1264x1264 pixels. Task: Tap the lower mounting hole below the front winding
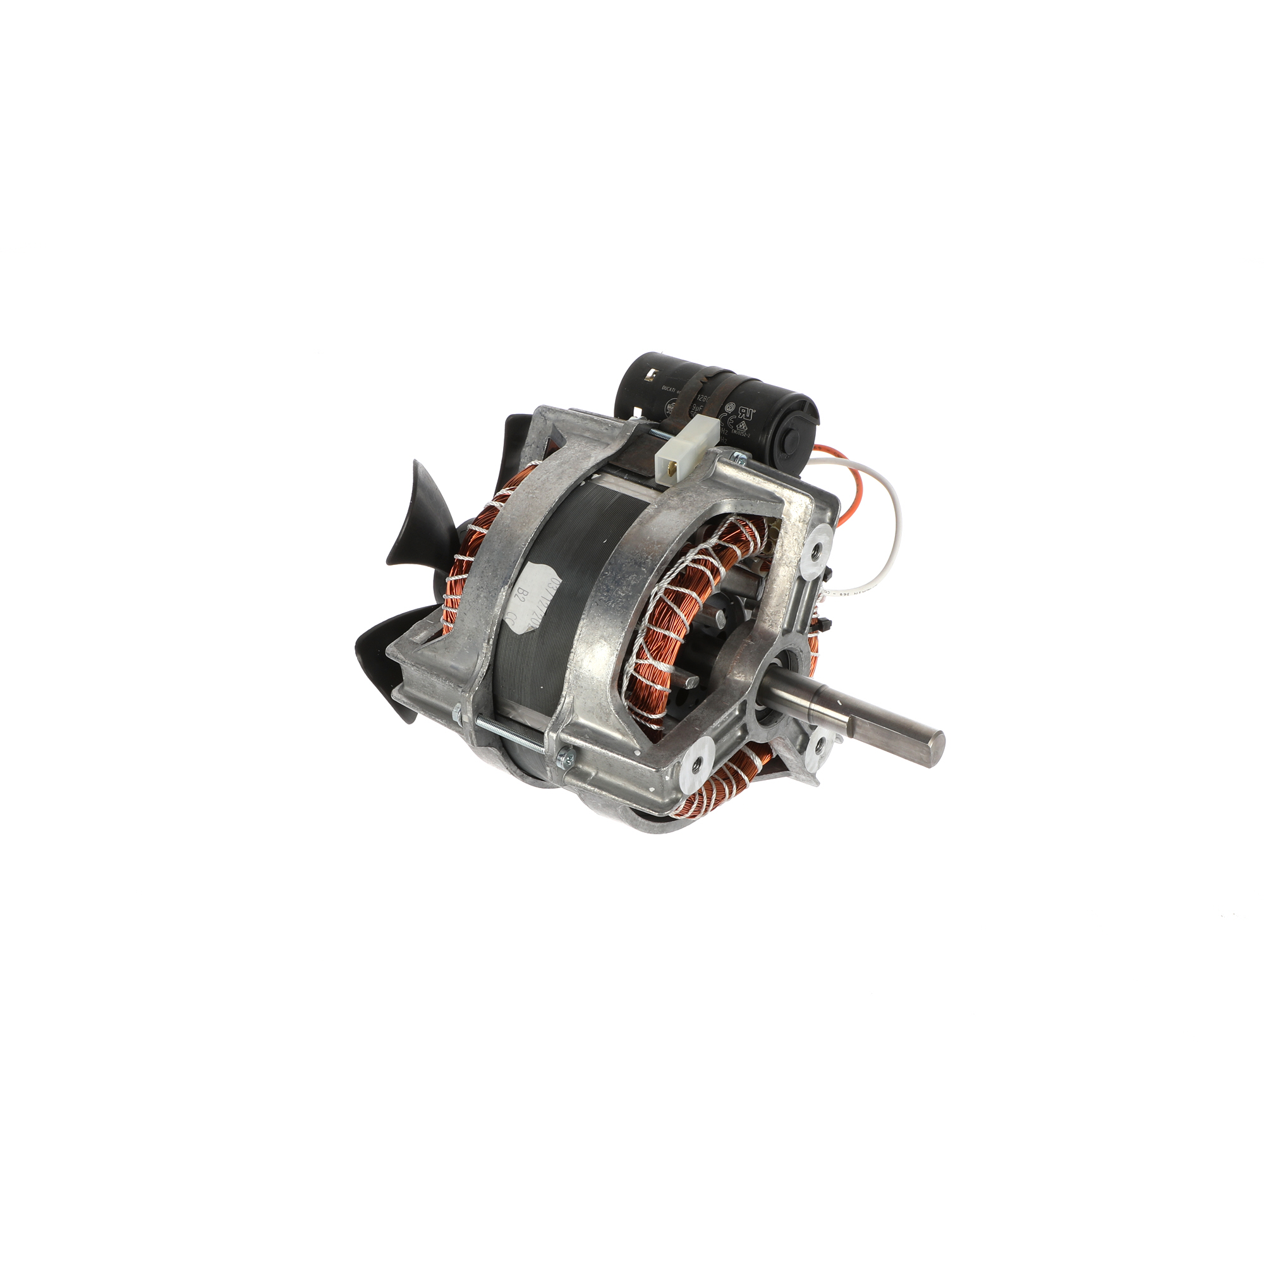pos(695,763)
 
